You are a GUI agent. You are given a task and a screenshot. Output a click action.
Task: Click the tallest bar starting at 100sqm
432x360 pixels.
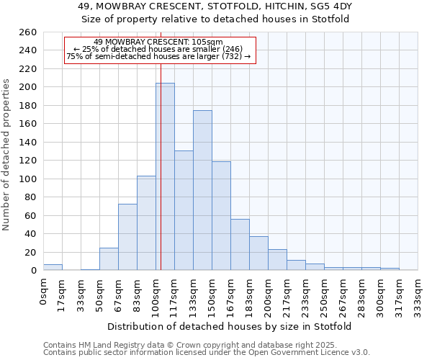(165, 176)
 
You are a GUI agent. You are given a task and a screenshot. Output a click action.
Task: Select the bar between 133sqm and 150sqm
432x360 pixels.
(202, 190)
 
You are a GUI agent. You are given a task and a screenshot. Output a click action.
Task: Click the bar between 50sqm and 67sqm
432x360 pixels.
(109, 259)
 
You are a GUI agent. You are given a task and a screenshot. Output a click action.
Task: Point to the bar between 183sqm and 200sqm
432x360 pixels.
(258, 253)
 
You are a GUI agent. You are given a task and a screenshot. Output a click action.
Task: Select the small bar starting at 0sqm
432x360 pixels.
(53, 267)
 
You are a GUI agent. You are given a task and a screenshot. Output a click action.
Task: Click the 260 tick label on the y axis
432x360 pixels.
(29, 32)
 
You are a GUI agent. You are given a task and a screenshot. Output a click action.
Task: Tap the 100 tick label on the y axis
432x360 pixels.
(29, 179)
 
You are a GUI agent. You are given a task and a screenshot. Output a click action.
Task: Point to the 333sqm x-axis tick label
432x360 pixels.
(418, 297)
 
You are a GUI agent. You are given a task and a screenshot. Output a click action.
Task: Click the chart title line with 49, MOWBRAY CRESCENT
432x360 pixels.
(215, 6)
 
